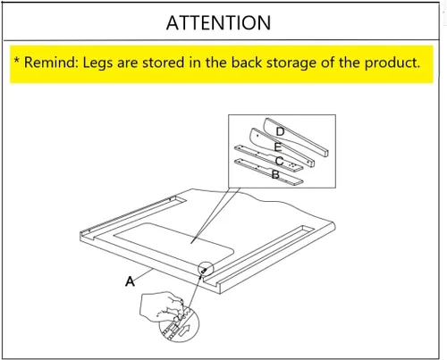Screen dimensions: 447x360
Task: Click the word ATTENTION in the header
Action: (218, 23)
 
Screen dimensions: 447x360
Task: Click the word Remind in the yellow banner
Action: (51, 63)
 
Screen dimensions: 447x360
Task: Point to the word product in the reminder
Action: (392, 63)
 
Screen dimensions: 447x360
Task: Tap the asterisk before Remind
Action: (17, 60)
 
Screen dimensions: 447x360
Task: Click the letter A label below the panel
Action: (130, 281)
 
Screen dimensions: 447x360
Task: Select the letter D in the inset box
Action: (280, 131)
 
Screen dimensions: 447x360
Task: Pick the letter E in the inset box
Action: (278, 147)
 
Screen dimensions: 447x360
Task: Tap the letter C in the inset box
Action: (279, 161)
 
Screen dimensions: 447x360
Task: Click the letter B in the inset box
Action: (275, 174)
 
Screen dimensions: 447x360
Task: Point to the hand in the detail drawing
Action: (161, 306)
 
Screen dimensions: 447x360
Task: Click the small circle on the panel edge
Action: (206, 268)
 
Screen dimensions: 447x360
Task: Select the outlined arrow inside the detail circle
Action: (184, 330)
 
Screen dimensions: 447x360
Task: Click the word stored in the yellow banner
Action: (163, 63)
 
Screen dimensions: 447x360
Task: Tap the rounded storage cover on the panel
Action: (173, 241)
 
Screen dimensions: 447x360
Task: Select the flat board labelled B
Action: (269, 172)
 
